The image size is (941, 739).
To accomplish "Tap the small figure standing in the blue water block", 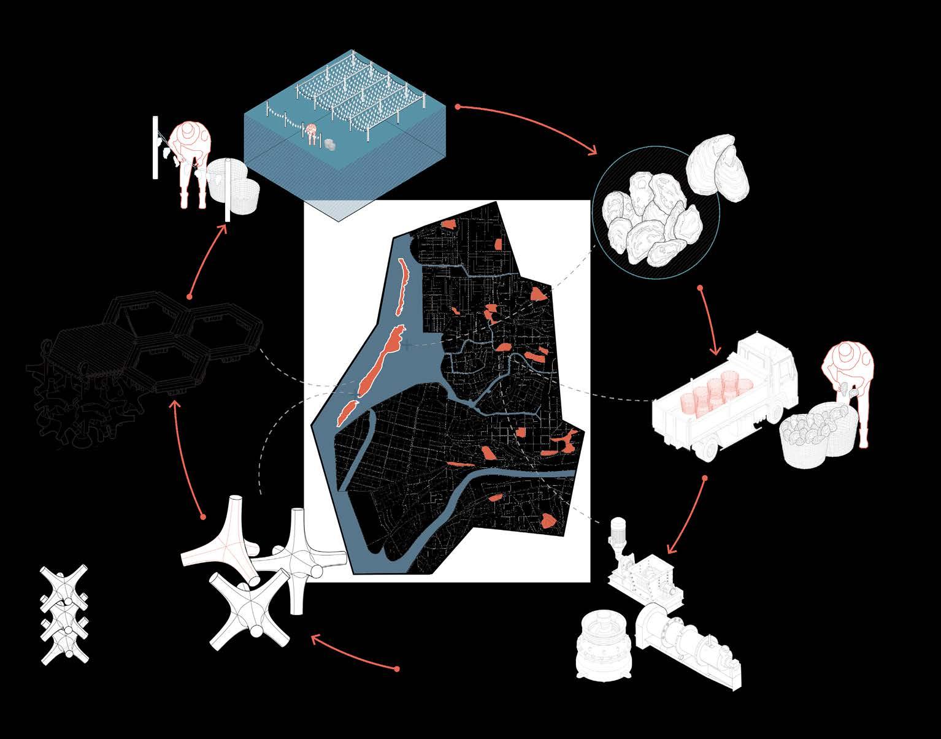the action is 312,134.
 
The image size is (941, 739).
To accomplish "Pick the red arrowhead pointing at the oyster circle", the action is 593,150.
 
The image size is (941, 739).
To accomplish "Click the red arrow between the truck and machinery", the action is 686,515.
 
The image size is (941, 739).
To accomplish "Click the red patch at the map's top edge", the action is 448,224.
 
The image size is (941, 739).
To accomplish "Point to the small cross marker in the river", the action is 407,345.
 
